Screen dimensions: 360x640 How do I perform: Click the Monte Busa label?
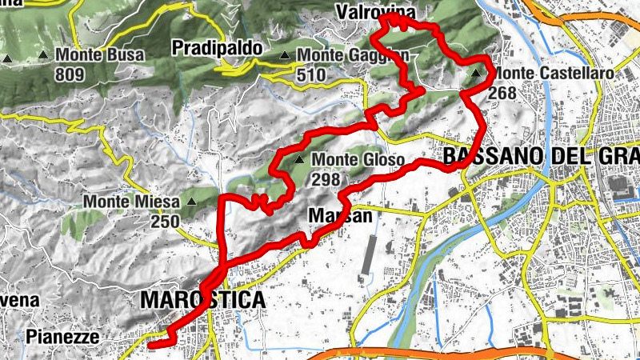(100, 55)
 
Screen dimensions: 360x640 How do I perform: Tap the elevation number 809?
(70, 74)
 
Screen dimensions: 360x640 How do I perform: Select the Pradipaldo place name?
(217, 48)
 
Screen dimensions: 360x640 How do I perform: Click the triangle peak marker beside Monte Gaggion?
(286, 55)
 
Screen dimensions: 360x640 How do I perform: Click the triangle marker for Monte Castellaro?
(478, 74)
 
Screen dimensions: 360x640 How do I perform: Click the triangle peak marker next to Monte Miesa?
(191, 202)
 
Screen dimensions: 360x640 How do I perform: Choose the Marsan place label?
(340, 216)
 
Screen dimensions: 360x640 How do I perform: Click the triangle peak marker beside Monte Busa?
(42, 56)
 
